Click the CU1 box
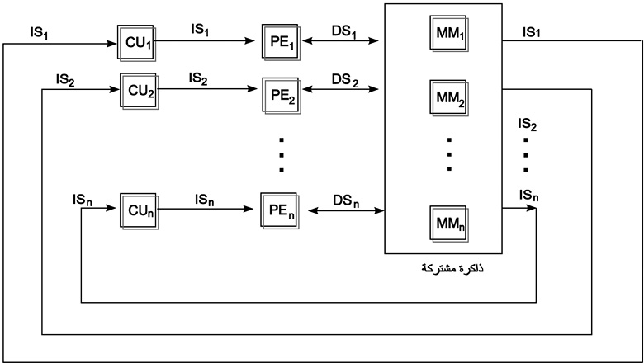click(136, 43)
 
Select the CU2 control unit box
click(140, 91)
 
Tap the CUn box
click(140, 211)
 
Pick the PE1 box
click(281, 42)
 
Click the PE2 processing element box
click(281, 96)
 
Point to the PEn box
click(280, 210)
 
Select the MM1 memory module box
click(449, 33)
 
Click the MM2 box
click(449, 97)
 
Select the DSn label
click(346, 200)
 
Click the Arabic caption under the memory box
click(452, 269)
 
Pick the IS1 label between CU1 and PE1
click(200, 30)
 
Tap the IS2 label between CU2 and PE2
click(198, 78)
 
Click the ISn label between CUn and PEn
click(205, 200)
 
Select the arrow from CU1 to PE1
click(206, 40)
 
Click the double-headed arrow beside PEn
click(346, 211)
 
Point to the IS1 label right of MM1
click(532, 32)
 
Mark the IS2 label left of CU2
click(65, 79)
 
